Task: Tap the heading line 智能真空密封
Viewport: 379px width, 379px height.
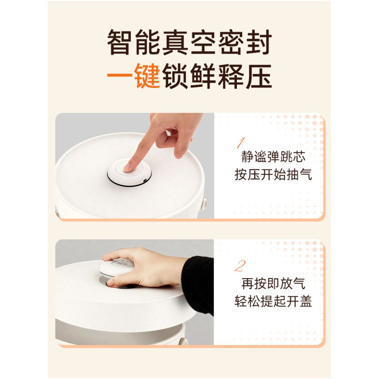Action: pos(189,43)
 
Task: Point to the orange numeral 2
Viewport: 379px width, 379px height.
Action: pos(240,266)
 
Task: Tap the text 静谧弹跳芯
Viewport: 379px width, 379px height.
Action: pos(273,157)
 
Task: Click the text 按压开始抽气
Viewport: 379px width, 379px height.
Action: pos(273,175)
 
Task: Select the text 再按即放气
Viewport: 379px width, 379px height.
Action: pos(273,283)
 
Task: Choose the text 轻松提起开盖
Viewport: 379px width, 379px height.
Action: pos(273,302)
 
